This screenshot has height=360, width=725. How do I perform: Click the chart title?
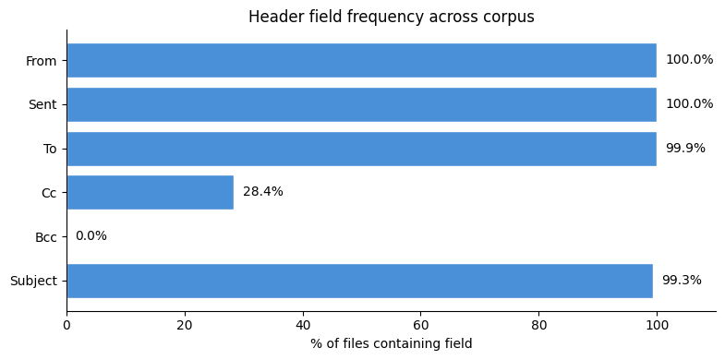[x=391, y=17]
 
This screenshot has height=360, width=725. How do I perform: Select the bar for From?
[x=361, y=60]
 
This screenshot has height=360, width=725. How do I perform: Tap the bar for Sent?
[x=361, y=104]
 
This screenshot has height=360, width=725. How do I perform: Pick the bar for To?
[x=361, y=149]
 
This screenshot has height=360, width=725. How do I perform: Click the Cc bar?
[x=150, y=192]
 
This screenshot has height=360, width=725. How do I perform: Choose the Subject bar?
[x=359, y=281]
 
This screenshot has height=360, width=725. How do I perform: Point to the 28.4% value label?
[x=263, y=192]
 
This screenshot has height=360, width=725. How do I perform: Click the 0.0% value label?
[x=91, y=236]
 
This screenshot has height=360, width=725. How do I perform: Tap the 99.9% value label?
[x=685, y=149]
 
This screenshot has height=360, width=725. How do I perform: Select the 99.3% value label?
[x=682, y=281]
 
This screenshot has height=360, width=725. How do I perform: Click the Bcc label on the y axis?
[x=45, y=237]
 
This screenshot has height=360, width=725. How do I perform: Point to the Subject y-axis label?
[x=33, y=281]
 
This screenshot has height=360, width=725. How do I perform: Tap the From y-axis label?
[x=42, y=61]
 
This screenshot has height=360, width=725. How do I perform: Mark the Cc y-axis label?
[x=49, y=193]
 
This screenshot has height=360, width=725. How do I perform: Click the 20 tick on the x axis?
[x=185, y=325]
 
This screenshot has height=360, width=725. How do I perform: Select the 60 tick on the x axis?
[x=421, y=325]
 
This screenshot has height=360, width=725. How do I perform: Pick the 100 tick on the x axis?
[x=657, y=325]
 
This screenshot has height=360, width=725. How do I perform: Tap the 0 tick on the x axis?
[x=66, y=325]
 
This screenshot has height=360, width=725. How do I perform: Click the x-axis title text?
[x=391, y=344]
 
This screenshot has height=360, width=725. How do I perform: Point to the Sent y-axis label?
[x=42, y=105]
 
